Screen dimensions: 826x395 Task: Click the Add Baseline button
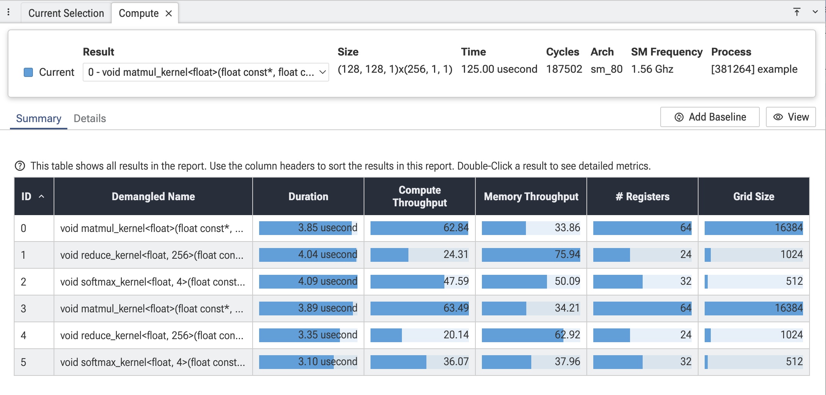pyautogui.click(x=710, y=117)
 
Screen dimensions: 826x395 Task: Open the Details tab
pyautogui.click(x=90, y=118)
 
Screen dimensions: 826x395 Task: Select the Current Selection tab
pyautogui.click(x=66, y=13)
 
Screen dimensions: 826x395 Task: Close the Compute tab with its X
pyautogui.click(x=168, y=13)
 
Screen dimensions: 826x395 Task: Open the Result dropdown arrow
pyautogui.click(x=322, y=72)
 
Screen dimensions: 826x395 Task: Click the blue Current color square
pyautogui.click(x=28, y=72)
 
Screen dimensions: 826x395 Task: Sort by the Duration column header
pyautogui.click(x=308, y=196)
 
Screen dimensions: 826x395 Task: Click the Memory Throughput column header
pyautogui.click(x=531, y=196)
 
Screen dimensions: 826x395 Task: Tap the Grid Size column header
pyautogui.click(x=754, y=196)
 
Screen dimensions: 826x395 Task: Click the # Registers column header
pyautogui.click(x=642, y=196)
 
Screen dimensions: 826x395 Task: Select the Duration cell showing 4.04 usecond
pyautogui.click(x=308, y=255)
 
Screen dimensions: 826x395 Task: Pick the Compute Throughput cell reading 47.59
pyautogui.click(x=420, y=281)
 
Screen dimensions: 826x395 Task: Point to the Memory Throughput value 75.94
pyautogui.click(x=567, y=255)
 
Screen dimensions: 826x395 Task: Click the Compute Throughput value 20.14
pyautogui.click(x=456, y=335)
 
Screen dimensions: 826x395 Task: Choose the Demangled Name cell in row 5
pyautogui.click(x=153, y=362)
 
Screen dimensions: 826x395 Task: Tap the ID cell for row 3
pyautogui.click(x=34, y=308)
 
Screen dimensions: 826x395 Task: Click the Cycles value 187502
pyautogui.click(x=564, y=69)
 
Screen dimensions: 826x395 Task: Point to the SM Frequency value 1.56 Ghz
pyautogui.click(x=652, y=69)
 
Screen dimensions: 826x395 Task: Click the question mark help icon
pyautogui.click(x=20, y=166)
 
